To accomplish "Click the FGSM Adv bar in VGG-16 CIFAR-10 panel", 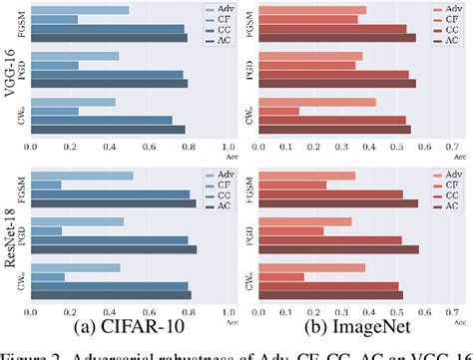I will (80, 10).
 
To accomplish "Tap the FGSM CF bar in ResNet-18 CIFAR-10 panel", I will (46, 184).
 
